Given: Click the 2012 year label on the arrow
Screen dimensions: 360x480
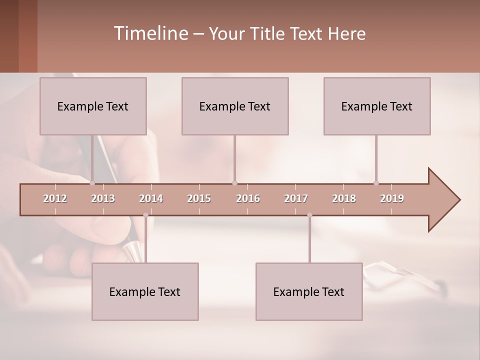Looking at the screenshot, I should [x=55, y=199].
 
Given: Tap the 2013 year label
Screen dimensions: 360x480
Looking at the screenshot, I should [x=103, y=199].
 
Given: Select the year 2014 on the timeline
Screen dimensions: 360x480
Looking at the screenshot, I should [x=151, y=199].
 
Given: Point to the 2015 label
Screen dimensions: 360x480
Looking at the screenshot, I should [x=199, y=199].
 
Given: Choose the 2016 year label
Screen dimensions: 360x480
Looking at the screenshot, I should [x=248, y=199].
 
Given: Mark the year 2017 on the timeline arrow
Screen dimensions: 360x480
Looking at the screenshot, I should [x=296, y=199].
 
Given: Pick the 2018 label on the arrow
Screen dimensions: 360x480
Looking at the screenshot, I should [x=344, y=199].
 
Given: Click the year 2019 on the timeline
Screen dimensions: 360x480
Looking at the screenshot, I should [x=392, y=199].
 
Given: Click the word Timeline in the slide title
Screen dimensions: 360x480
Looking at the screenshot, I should [x=150, y=33].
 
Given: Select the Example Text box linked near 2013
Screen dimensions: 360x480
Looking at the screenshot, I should [x=93, y=106].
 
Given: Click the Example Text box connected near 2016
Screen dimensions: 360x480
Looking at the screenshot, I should [x=235, y=106].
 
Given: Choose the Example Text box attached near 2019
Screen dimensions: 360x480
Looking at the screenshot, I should [x=377, y=106].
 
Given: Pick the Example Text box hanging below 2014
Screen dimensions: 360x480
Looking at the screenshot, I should [x=145, y=291].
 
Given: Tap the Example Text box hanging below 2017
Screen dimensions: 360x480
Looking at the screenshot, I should [x=309, y=291].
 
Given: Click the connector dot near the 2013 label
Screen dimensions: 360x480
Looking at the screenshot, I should [x=92, y=183].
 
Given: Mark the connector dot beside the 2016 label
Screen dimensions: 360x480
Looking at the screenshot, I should [x=234, y=183].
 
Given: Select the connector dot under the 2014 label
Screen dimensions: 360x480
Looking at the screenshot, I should [x=145, y=215].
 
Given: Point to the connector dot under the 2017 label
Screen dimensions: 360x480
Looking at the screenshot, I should [x=309, y=215].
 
